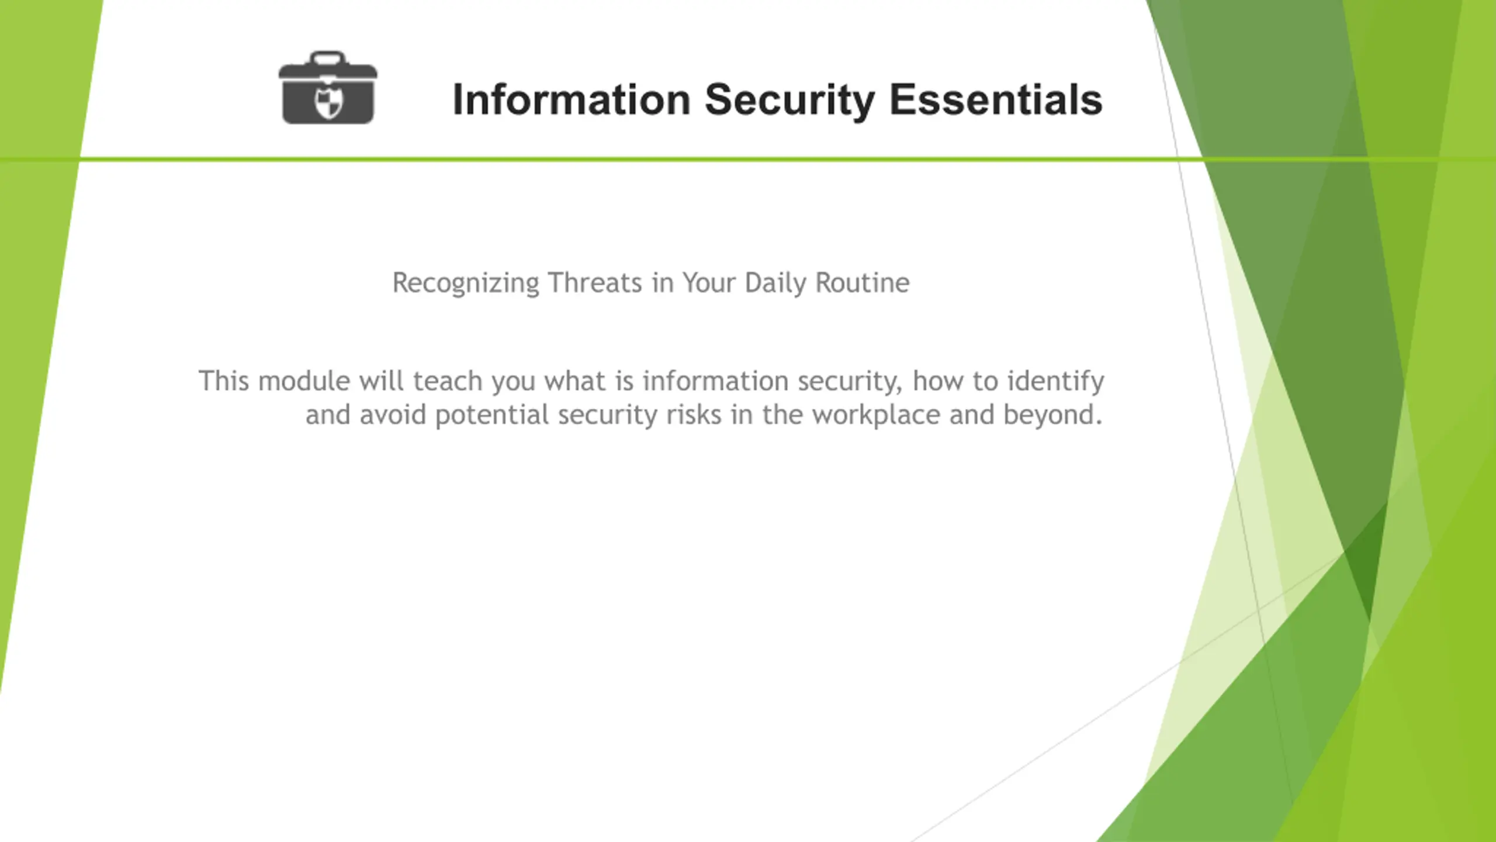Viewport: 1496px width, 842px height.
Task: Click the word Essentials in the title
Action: click(996, 99)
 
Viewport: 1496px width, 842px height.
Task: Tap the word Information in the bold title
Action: click(572, 99)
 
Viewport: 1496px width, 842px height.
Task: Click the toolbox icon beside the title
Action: click(328, 88)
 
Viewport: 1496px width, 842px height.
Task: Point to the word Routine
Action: click(863, 283)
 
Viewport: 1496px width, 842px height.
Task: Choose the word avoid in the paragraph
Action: click(393, 415)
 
